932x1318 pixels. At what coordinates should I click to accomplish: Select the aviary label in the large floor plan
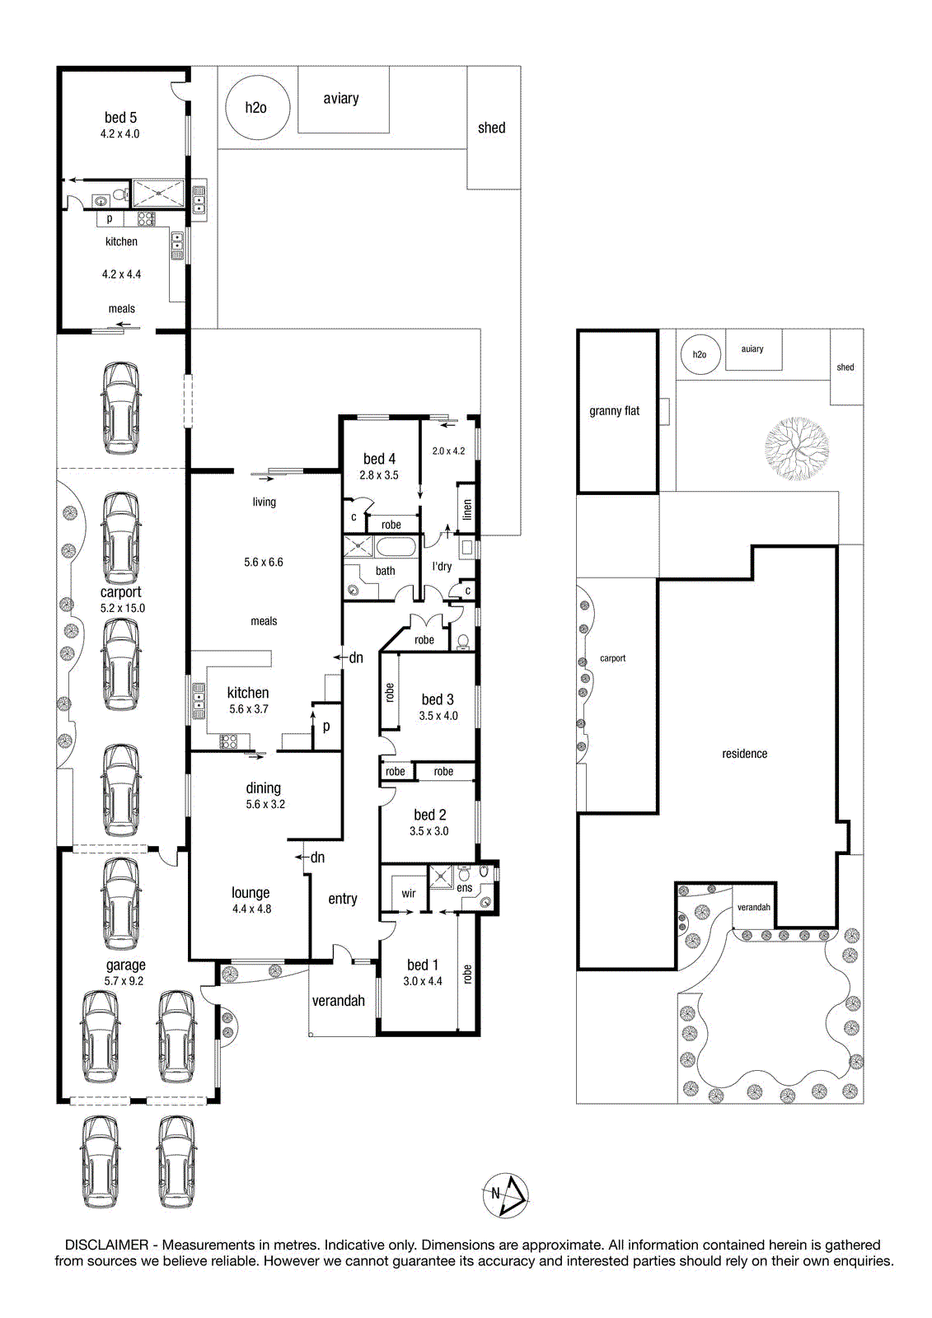(x=341, y=98)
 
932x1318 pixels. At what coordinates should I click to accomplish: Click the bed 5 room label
(x=120, y=118)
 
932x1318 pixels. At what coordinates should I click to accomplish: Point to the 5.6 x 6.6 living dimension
(x=263, y=562)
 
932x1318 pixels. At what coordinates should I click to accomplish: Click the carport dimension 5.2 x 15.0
(x=123, y=608)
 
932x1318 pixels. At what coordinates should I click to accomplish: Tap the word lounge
(x=251, y=893)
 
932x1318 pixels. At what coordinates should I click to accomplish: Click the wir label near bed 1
(x=409, y=893)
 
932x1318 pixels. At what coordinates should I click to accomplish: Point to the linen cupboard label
(x=467, y=510)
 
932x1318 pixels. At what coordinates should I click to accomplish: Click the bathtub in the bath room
(x=396, y=547)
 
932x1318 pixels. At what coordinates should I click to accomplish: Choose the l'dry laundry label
(x=442, y=566)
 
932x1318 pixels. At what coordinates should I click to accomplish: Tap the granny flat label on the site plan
(x=614, y=411)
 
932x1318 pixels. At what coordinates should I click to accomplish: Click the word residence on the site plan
(x=744, y=754)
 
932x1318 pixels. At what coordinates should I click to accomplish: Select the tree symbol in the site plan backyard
(x=797, y=448)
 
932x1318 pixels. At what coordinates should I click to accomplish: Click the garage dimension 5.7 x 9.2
(x=124, y=981)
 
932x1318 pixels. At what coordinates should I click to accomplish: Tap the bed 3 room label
(x=438, y=699)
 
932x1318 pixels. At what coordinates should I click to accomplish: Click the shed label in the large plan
(x=492, y=128)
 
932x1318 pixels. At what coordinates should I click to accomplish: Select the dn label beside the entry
(x=317, y=858)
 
